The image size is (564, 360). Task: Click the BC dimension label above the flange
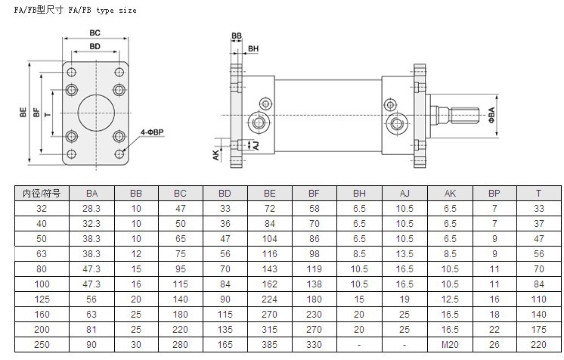(x=95, y=33)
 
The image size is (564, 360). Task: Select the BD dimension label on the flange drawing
(x=95, y=46)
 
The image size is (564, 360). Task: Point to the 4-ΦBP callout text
(x=152, y=132)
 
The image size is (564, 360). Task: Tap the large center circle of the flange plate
(x=96, y=113)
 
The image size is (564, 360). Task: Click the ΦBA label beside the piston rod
(x=491, y=115)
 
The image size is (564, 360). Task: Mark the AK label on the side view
(x=215, y=155)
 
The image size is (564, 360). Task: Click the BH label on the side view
(x=253, y=48)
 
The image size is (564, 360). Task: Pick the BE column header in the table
(x=269, y=194)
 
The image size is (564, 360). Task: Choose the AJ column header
(x=404, y=194)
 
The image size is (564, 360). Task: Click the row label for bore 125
(x=42, y=299)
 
